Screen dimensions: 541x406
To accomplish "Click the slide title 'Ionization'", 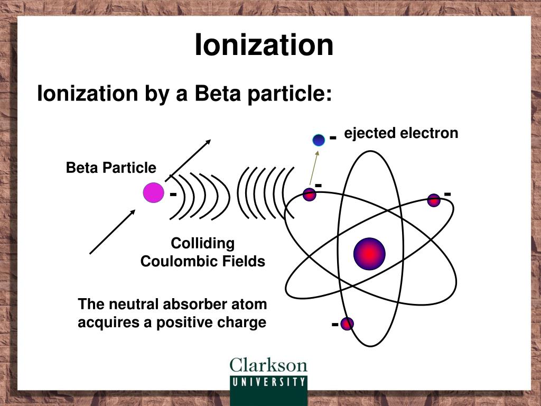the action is pos(264,44).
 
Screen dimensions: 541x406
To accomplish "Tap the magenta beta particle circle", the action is pos(154,192).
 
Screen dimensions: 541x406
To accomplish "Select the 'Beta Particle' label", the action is pos(111,168).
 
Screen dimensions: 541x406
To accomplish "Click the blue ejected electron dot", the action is pos(319,140).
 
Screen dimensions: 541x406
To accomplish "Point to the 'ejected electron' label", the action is pos(402,133).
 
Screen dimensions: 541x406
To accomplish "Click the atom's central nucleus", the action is pos(369,254).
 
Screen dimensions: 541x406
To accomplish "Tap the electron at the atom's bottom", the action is pos(347,324).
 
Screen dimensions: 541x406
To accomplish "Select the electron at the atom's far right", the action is pos(434,200).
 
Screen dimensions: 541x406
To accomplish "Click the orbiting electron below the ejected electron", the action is pos(310,195).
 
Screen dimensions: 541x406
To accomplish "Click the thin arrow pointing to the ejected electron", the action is pos(314,168).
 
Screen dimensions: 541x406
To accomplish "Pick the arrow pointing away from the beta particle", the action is pos(189,160).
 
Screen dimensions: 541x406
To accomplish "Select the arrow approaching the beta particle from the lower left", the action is pos(113,232).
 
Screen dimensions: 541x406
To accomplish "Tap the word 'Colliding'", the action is pos(203,243).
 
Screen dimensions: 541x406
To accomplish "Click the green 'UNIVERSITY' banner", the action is pos(269,390).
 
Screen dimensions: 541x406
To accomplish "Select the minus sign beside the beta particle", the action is pos(173,195).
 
